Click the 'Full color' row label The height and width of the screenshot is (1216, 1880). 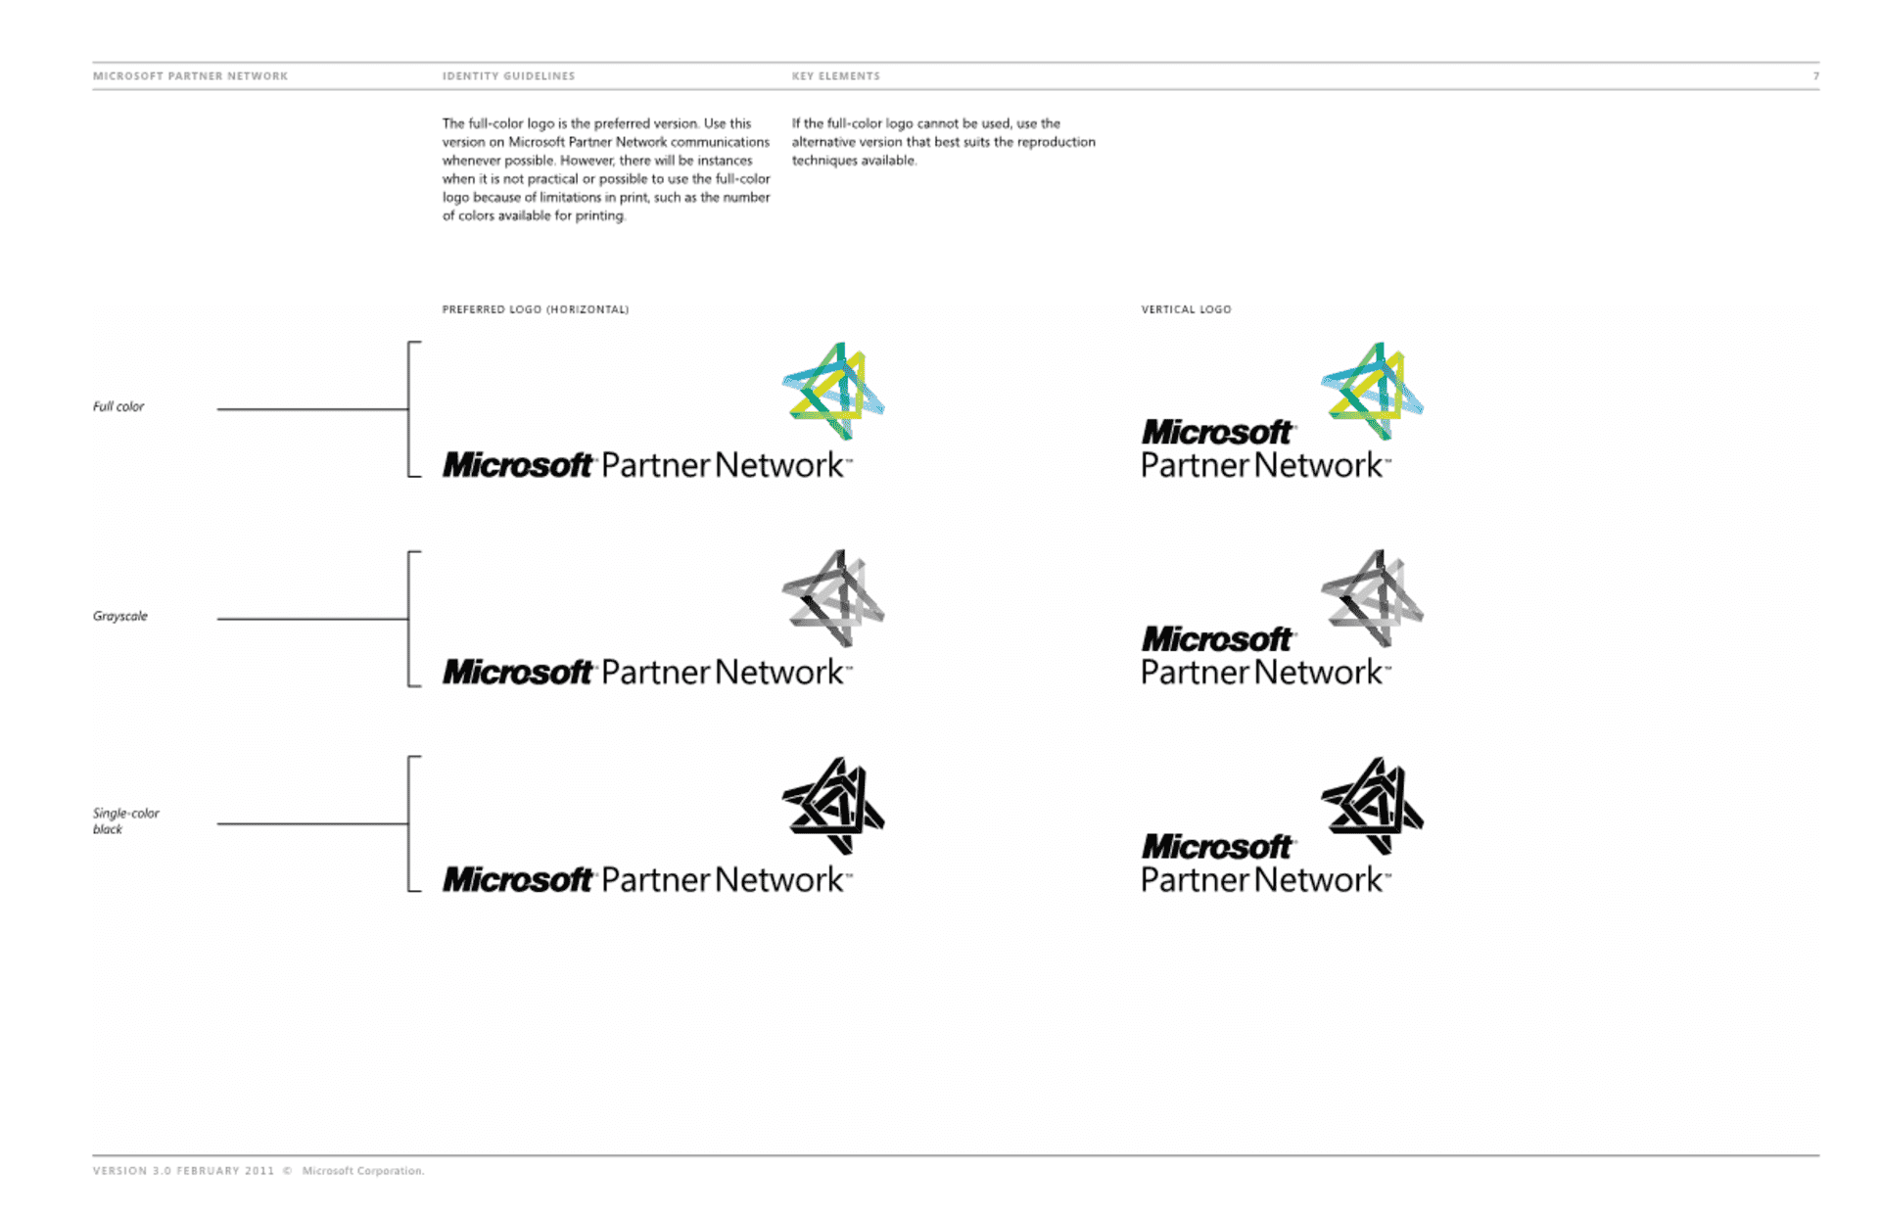click(118, 406)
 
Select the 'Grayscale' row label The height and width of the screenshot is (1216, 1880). click(120, 616)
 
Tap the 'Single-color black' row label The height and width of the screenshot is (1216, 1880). click(125, 820)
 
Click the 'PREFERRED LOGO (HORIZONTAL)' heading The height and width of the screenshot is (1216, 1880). click(536, 309)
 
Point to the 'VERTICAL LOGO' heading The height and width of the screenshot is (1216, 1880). click(1186, 309)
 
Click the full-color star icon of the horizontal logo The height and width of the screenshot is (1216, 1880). click(833, 391)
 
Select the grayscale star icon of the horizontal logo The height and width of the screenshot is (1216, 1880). click(833, 598)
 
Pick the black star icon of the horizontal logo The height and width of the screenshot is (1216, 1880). click(833, 806)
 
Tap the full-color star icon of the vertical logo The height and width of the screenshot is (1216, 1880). click(1372, 391)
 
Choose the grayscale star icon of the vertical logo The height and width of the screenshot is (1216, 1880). click(1372, 598)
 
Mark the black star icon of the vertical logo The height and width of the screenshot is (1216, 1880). click(1372, 806)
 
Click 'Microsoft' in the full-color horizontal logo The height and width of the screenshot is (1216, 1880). click(518, 464)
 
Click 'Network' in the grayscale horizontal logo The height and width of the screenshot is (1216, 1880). click(779, 672)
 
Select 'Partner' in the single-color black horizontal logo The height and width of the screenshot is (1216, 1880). click(655, 879)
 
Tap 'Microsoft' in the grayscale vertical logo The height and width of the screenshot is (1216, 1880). click(1217, 639)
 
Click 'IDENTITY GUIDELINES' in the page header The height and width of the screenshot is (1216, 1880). click(508, 75)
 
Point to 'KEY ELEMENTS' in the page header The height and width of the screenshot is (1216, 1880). click(835, 75)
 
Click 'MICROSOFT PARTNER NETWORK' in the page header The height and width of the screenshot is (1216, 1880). click(190, 75)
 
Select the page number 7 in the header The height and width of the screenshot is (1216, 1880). click(1815, 75)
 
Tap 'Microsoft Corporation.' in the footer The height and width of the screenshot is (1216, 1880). click(362, 1170)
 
